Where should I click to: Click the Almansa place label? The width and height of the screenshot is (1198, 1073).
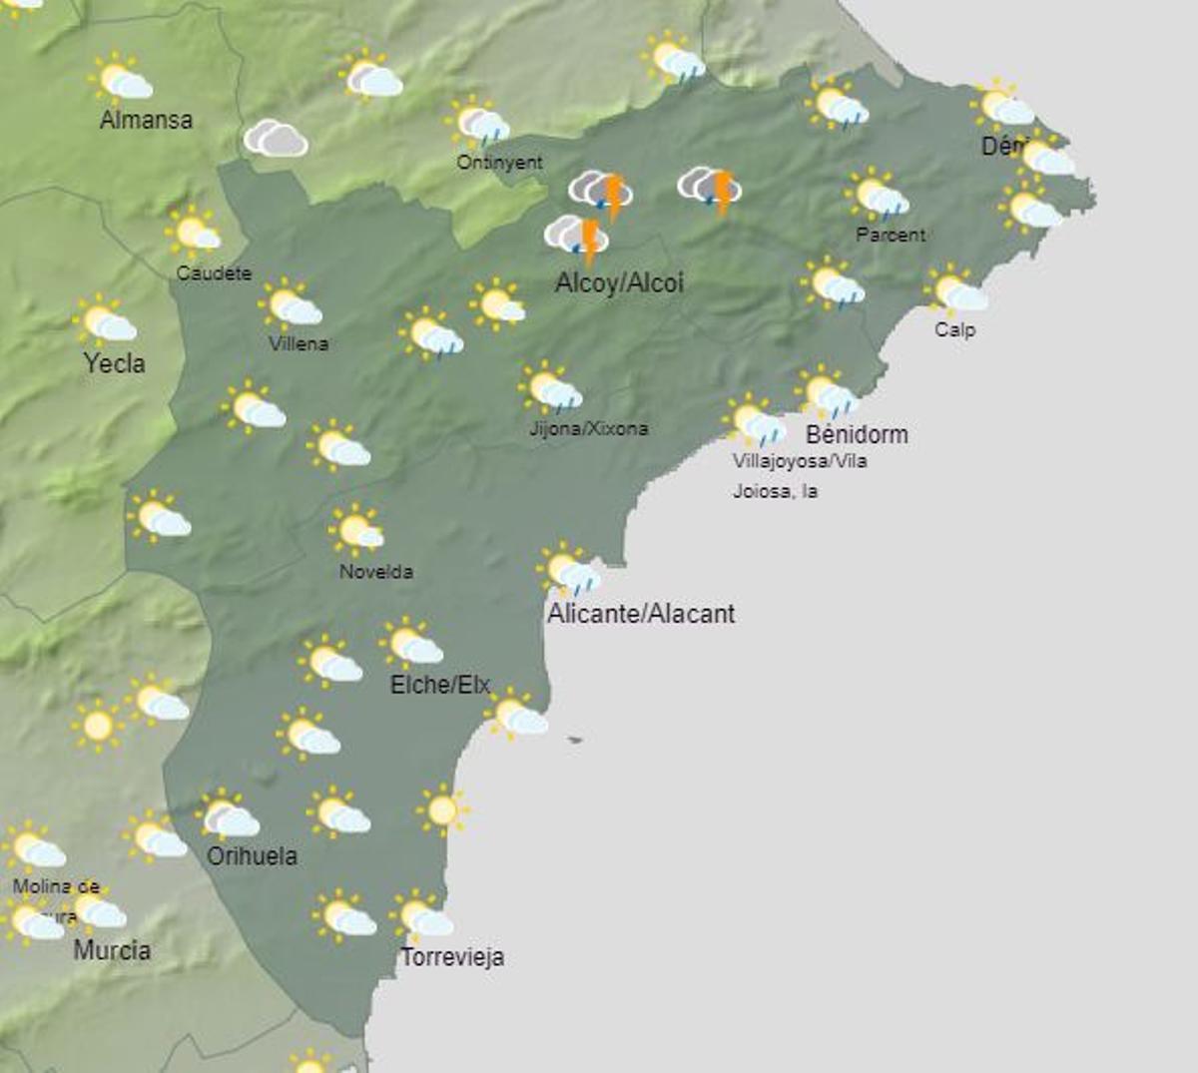146,120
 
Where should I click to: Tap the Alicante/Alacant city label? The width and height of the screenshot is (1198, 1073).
641,613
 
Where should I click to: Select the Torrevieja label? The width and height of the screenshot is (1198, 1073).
452,957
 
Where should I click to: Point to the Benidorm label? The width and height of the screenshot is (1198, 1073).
857,434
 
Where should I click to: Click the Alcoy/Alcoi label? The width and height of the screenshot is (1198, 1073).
619,282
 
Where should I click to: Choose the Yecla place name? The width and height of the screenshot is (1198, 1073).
114,363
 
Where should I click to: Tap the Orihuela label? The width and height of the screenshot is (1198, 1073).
252,855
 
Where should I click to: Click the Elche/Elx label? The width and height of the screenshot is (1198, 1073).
440,685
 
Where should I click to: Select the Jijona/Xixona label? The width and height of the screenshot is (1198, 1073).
588,428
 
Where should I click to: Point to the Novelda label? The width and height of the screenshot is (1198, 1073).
375,572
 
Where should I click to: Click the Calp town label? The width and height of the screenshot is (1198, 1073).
954,329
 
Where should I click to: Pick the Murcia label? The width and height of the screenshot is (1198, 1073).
112,950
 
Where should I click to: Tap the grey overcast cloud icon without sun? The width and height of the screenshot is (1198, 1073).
276,139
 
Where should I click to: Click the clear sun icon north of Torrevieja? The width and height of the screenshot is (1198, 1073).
442,809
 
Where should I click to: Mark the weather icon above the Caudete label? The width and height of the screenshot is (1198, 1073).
193,233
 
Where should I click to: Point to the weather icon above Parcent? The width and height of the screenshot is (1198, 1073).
878,196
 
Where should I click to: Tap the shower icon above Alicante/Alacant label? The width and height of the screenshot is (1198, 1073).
568,571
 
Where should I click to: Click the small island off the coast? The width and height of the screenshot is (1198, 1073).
574,740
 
